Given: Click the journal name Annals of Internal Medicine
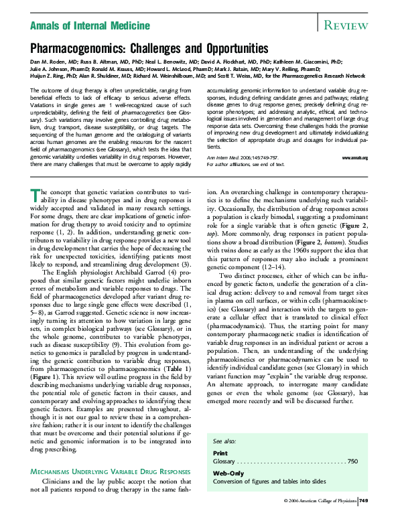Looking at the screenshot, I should (x=86, y=26).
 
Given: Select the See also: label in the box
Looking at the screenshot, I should (x=224, y=443).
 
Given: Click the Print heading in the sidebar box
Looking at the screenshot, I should (x=220, y=453).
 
